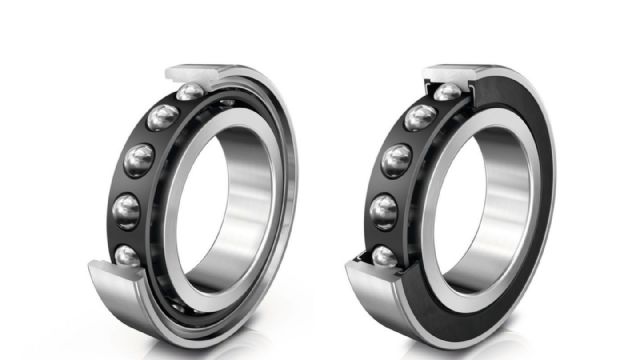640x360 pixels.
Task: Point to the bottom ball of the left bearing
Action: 127,257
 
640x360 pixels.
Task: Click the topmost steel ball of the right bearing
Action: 448,92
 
